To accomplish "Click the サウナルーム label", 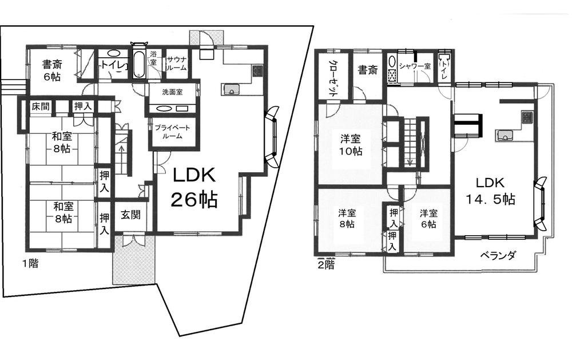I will [177, 63].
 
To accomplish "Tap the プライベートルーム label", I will [172, 132].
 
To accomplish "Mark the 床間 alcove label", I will [40, 106].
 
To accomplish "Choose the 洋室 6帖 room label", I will [429, 219].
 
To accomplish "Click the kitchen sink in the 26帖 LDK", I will [231, 89].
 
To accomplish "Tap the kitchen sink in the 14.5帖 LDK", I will [504, 135].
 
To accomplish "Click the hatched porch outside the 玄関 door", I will [134, 260].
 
